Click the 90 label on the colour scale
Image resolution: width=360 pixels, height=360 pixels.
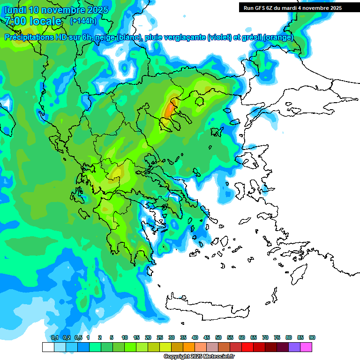pos(312,337)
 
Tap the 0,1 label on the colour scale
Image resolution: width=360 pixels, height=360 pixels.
pos(54,337)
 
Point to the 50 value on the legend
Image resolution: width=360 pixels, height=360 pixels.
pos(218,337)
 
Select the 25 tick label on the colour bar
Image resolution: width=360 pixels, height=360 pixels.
pos(160,337)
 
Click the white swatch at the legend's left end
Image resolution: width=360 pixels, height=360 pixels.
pos(48,347)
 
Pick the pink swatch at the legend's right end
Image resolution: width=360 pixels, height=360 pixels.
pos(306,347)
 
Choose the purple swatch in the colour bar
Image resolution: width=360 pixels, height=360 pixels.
pos(294,347)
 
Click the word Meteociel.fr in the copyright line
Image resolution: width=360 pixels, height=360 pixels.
pos(218,357)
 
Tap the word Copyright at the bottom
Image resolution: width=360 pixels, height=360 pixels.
pos(177,357)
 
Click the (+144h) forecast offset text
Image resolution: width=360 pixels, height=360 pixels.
pos(83,21)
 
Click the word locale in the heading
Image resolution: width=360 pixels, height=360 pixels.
pos(45,21)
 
